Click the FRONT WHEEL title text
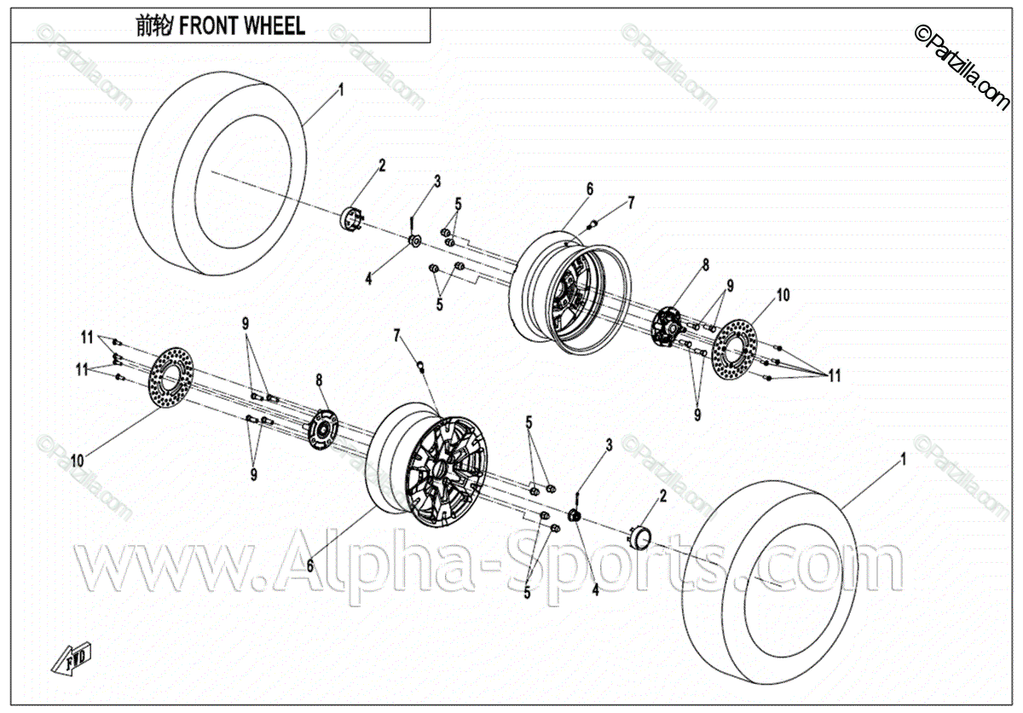220,26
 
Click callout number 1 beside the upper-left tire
340,89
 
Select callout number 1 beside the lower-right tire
903,459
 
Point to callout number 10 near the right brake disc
783,295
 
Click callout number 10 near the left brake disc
77,460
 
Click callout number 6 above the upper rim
588,188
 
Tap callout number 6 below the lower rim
310,564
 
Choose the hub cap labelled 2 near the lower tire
639,537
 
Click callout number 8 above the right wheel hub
706,265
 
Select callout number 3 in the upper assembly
436,181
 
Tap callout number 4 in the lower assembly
595,588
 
